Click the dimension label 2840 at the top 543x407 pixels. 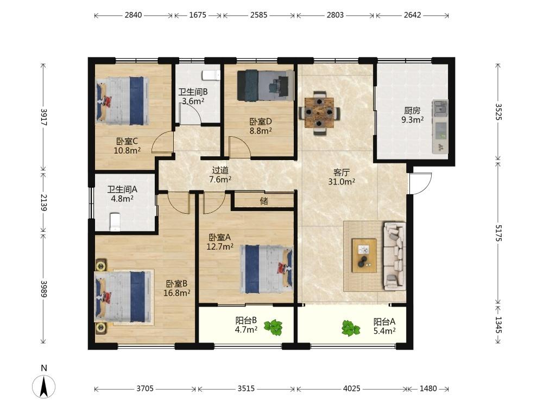pos(134,15)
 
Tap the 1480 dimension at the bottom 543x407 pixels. pos(428,389)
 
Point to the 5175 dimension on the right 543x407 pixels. pos(498,233)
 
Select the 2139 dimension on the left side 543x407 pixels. pos(43,202)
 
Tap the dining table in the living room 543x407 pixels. pos(319,113)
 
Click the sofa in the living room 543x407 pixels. pos(394,256)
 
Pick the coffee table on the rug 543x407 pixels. pos(364,256)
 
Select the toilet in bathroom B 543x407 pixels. pos(211,75)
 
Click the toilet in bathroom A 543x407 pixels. pos(115,222)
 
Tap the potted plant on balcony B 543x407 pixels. pos(274,327)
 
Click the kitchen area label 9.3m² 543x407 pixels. pos(413,120)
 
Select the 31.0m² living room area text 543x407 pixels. pos(342,182)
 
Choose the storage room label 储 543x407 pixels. pos(264,201)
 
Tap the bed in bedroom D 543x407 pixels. pos(266,86)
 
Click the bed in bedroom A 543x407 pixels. pos(267,269)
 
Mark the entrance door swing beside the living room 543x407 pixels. pos(420,183)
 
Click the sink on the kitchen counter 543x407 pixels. pos(440,108)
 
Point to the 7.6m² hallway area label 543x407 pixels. pos(220,179)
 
